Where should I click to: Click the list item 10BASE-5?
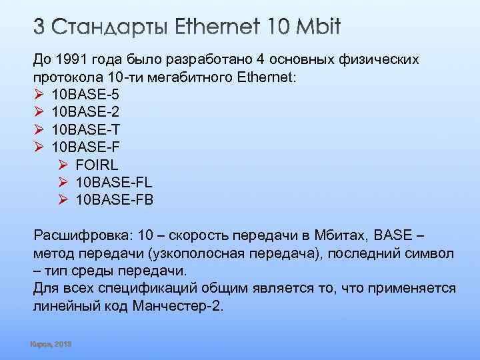point(86,95)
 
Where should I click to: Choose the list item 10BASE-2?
point(86,112)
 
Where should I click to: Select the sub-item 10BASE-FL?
point(115,181)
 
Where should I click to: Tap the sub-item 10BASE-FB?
point(115,199)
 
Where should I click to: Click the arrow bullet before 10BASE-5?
point(38,95)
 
